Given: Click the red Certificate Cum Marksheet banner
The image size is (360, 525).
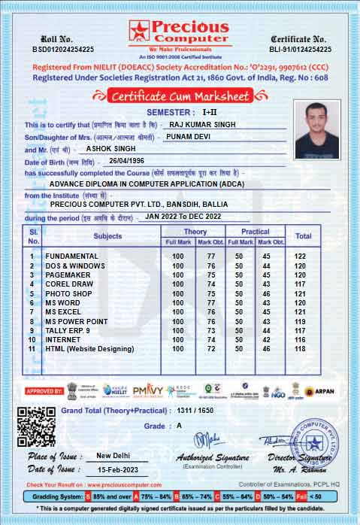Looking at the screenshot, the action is pos(180,96).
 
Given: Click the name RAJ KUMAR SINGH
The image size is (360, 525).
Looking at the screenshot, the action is pos(201,124).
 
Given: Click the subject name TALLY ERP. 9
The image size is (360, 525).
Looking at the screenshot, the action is pos(68,330).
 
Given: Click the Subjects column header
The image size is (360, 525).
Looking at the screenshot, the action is pos(107,236).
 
